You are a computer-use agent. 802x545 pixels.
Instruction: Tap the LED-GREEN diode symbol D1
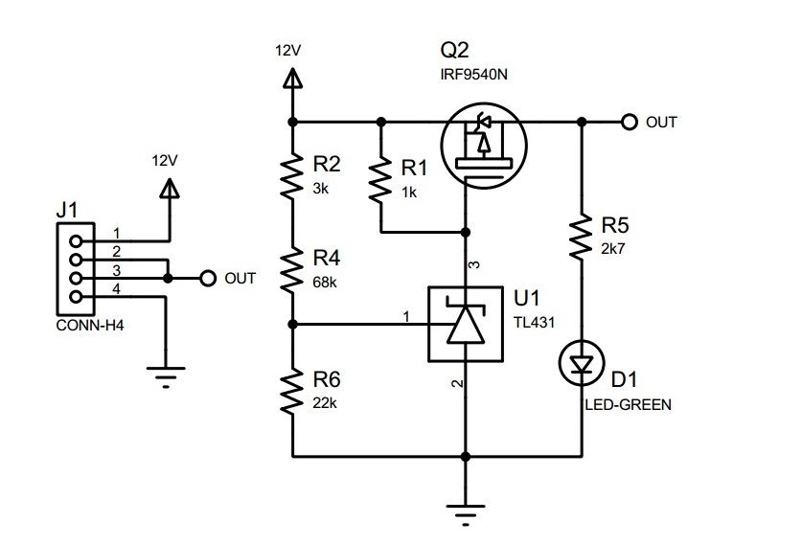point(582,363)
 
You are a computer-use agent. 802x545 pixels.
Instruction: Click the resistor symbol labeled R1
point(381,181)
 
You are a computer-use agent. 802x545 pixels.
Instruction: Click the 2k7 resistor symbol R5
point(582,238)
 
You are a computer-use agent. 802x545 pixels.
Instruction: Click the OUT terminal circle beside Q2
point(629,122)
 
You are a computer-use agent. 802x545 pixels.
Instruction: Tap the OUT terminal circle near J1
point(206,279)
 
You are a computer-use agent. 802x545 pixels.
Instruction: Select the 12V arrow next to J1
point(169,188)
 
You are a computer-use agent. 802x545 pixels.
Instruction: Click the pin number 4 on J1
point(116,288)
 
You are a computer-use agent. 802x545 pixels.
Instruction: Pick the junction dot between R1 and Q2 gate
point(465,233)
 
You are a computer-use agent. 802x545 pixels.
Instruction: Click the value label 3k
point(321,189)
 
